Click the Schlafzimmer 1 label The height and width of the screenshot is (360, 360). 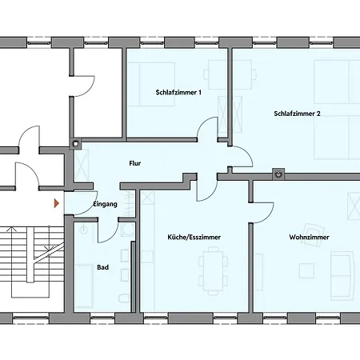click(x=178, y=93)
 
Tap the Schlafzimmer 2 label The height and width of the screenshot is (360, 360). click(x=297, y=114)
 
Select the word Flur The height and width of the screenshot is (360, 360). click(x=135, y=163)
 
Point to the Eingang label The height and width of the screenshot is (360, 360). click(x=106, y=204)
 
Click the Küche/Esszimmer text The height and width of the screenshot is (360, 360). click(x=194, y=238)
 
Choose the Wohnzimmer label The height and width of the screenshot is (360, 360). click(x=308, y=238)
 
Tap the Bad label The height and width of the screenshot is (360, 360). click(x=102, y=267)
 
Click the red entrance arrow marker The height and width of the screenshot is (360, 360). click(x=55, y=204)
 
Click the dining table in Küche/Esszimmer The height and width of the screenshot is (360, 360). click(x=214, y=269)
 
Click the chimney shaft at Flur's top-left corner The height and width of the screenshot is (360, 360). click(x=77, y=145)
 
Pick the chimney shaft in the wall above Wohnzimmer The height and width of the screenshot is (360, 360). click(x=278, y=172)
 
